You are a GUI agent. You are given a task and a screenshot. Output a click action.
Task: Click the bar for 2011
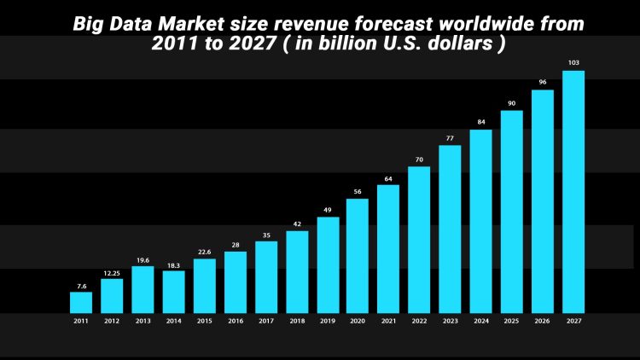point(81,302)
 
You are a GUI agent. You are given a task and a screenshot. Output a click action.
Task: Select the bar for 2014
point(173,291)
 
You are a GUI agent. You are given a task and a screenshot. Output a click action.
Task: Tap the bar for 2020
point(358,255)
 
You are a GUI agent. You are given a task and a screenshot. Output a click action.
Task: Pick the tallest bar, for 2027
point(573,191)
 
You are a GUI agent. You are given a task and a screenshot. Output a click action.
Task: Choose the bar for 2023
point(450,229)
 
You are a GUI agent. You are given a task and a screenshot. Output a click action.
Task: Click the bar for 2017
point(266,276)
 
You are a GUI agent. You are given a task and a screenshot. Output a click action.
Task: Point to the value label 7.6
point(81,286)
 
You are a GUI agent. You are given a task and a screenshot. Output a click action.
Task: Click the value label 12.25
point(112,273)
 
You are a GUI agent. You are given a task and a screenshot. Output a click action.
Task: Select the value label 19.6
point(143,260)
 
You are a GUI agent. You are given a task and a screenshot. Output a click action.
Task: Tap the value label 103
point(573,63)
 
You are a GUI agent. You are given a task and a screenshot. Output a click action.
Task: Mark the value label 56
point(358,192)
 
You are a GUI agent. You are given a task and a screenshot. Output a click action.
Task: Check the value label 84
point(480,122)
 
